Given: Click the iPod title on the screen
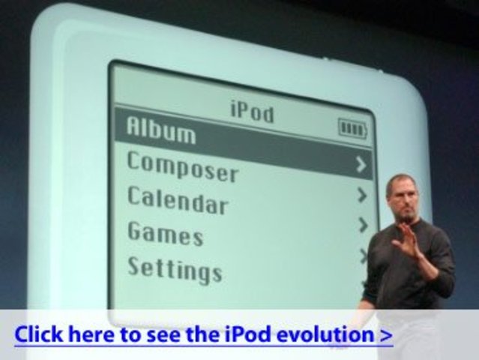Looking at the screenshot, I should tap(251, 112).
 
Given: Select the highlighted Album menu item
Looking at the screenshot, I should tap(161, 130).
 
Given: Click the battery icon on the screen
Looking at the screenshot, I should tap(352, 129).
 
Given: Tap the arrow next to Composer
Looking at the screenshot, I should tap(362, 164).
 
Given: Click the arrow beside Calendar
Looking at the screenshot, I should tap(363, 196).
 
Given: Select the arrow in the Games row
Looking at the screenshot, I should tap(363, 225).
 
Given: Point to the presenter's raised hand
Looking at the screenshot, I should tap(408, 243).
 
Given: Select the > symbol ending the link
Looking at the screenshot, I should tap(385, 334).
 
